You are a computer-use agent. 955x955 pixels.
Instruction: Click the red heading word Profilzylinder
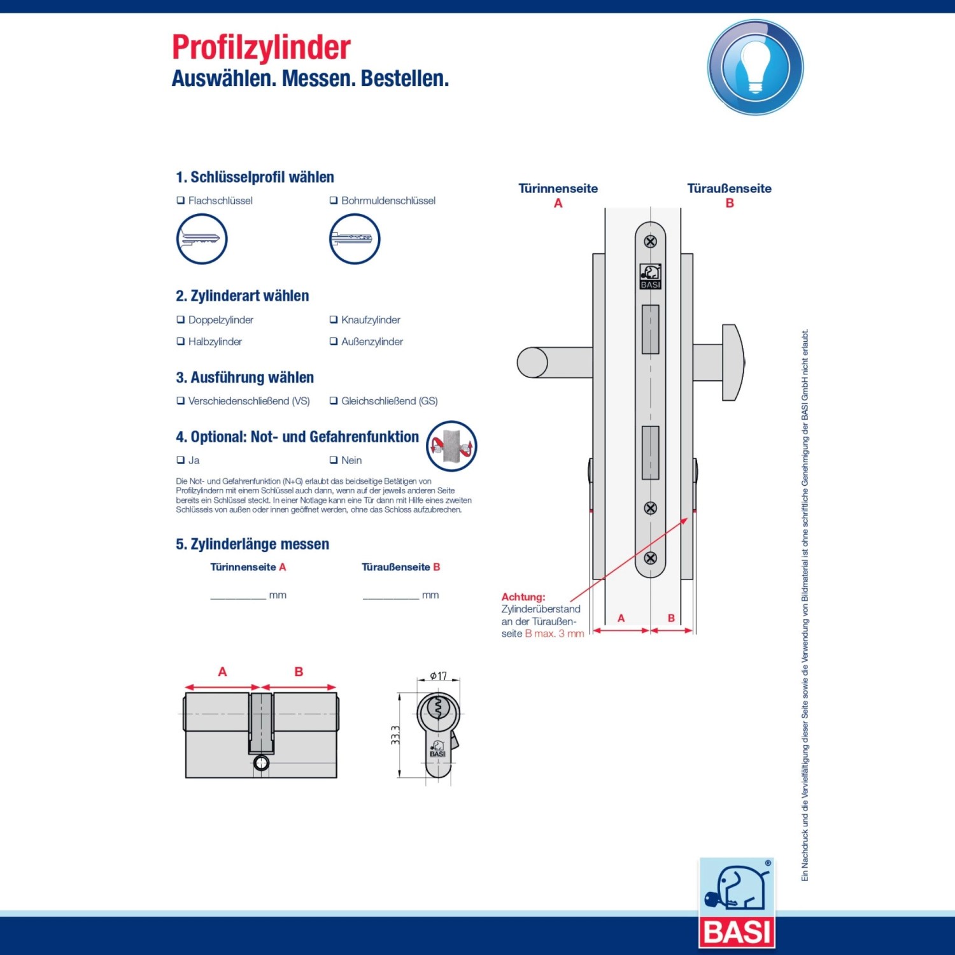pos(261,48)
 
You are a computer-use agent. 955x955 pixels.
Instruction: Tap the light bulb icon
pos(755,67)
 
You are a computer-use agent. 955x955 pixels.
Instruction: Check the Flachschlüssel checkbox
pos(181,201)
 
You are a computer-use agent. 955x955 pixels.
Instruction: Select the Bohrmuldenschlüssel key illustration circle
pos(355,239)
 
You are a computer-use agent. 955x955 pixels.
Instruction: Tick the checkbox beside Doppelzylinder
pos(181,320)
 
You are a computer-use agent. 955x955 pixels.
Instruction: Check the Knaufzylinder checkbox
pos(334,320)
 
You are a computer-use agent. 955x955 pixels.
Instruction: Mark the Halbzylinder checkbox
pos(181,341)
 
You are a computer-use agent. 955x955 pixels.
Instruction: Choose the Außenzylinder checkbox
pos(334,341)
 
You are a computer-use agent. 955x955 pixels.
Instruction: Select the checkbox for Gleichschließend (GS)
pos(334,400)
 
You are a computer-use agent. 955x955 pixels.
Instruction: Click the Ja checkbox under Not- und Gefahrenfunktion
pos(181,460)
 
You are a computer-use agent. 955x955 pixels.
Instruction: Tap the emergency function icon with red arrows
pos(451,446)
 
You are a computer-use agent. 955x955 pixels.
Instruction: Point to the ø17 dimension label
pos(438,676)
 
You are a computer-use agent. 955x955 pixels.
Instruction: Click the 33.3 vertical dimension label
pos(395,735)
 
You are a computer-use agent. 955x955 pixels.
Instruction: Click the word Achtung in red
pos(523,597)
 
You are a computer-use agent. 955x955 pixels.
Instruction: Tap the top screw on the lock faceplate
pos(650,241)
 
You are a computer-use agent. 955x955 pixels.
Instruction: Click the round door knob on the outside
pos(732,362)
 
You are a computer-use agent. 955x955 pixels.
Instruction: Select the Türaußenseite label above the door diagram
pos(729,188)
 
